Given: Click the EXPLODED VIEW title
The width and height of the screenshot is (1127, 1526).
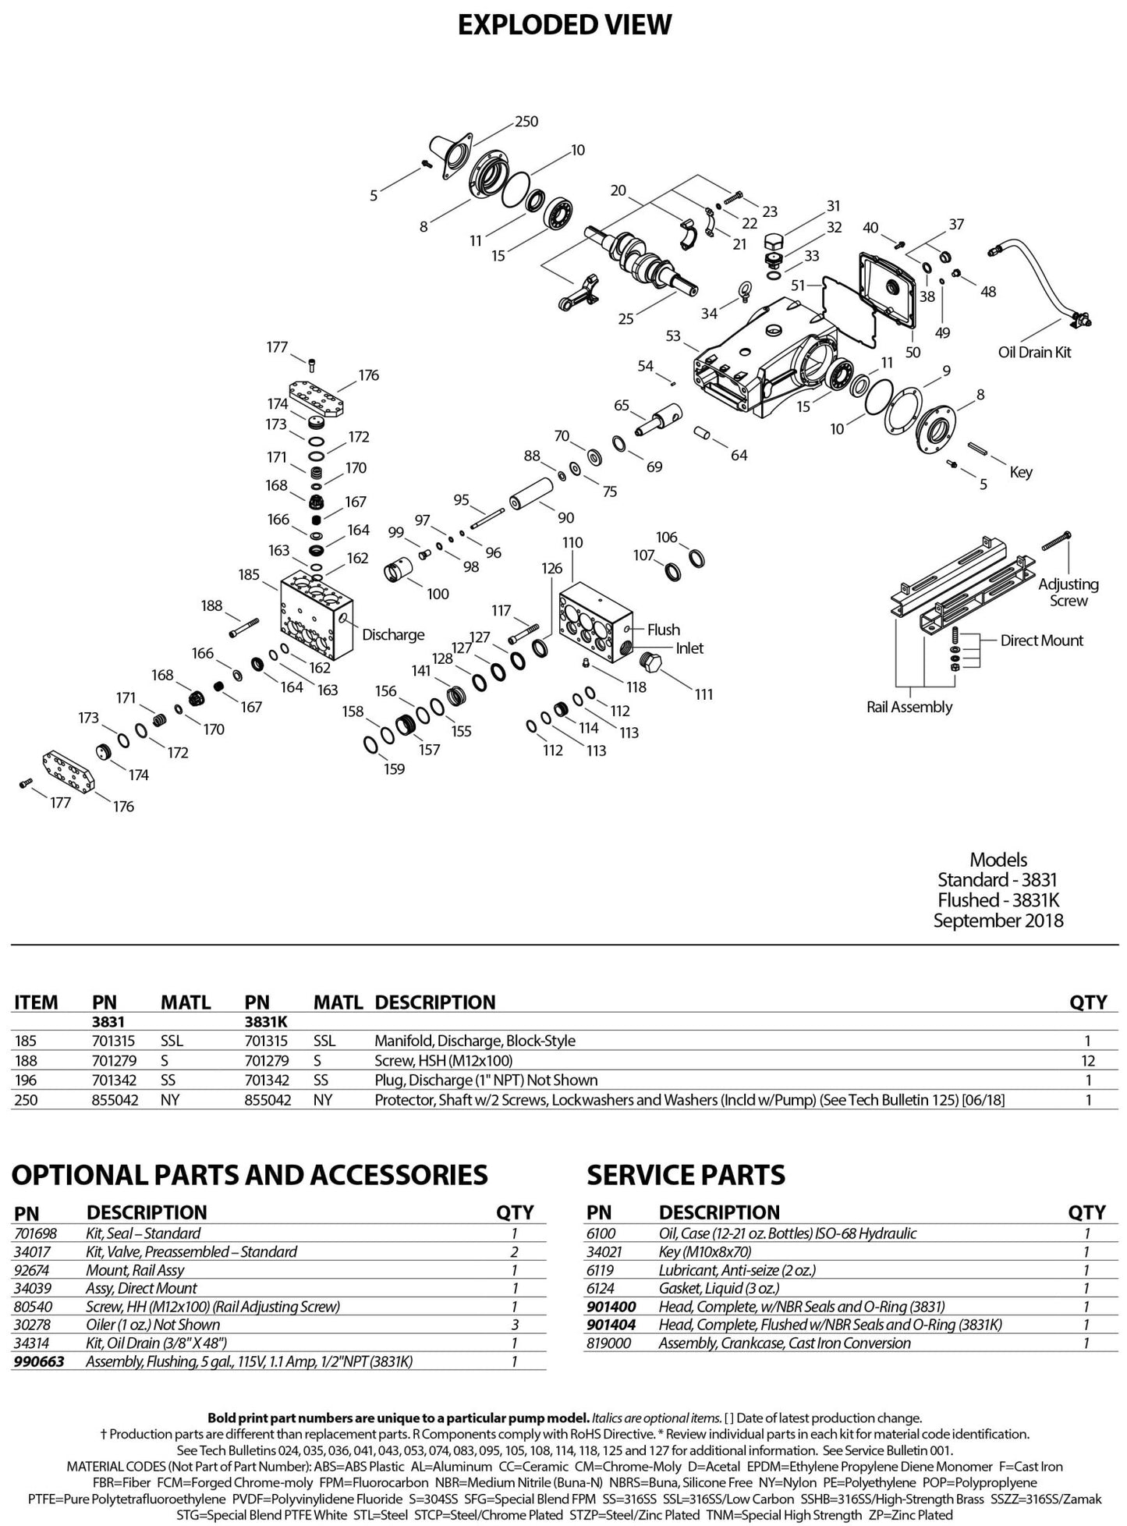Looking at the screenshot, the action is click(564, 25).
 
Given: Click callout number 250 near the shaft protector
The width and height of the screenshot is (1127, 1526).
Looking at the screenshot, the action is click(526, 122).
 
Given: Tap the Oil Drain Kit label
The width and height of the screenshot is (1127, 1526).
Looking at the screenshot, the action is click(1035, 352).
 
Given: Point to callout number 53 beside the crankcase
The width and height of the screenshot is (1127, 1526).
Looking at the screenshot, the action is click(673, 335).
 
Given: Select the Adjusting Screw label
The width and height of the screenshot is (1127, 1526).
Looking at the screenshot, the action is click(1069, 592).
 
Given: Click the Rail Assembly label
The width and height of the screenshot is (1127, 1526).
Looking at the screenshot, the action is click(909, 707).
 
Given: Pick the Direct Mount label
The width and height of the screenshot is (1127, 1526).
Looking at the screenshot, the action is click(1042, 641).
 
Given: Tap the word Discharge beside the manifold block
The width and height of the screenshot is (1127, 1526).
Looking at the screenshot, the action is click(393, 634).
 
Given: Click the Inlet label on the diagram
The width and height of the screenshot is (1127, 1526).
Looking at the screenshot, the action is click(689, 648).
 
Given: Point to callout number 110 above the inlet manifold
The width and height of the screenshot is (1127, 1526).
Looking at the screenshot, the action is click(572, 542).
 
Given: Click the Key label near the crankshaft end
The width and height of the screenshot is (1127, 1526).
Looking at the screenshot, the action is click(1021, 472).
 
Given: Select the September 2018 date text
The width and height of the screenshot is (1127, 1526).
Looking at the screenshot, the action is click(998, 921).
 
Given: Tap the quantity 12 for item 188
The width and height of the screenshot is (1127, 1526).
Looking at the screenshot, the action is click(1088, 1060).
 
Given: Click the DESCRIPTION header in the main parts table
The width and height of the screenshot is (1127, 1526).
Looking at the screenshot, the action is click(435, 1003).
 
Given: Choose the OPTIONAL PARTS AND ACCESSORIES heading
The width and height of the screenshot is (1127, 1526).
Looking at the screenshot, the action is click(250, 1175).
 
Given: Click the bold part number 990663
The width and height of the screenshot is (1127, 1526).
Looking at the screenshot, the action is click(39, 1361).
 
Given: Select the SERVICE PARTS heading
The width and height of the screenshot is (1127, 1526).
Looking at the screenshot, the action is click(686, 1175).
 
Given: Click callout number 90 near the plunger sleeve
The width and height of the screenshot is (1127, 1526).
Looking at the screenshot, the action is click(566, 518).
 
